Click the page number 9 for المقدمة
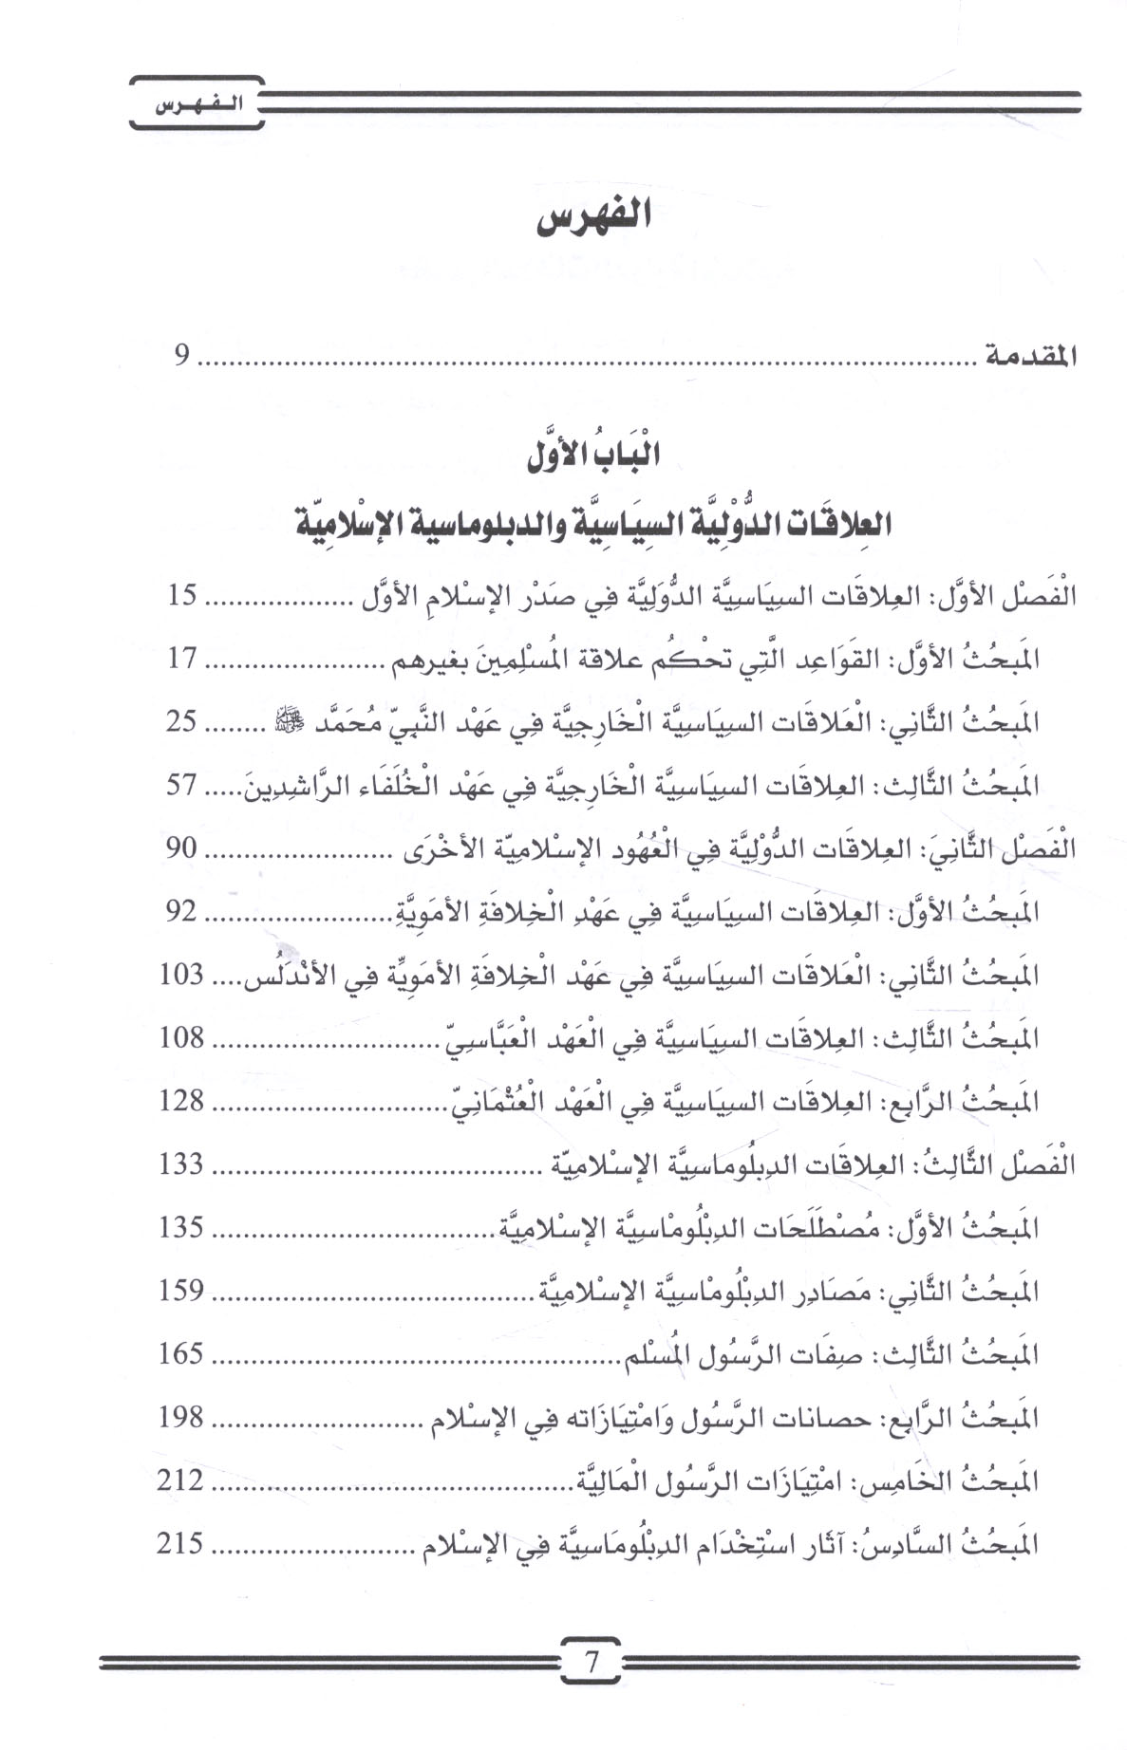181,358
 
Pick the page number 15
181,597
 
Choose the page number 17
181,660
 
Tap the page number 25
181,722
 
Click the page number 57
181,785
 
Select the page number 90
181,848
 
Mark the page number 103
181,975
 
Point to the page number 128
181,1101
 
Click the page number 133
181,1164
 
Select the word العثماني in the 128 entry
488,1101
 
